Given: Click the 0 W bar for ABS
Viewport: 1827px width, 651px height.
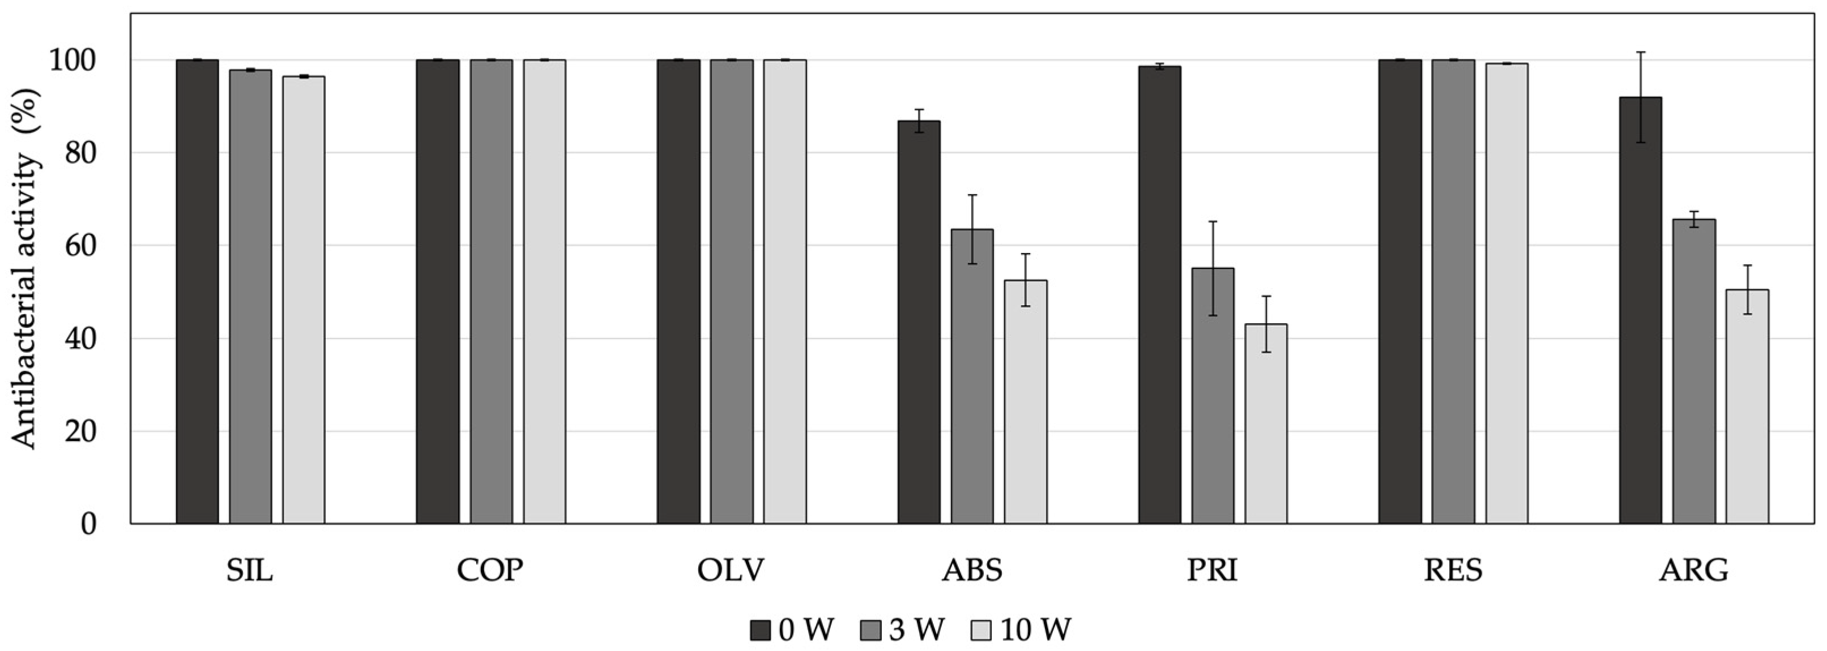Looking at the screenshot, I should tap(919, 323).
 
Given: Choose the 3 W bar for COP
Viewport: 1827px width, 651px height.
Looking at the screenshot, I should tap(491, 292).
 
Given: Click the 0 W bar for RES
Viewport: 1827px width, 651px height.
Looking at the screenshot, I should tap(1400, 292).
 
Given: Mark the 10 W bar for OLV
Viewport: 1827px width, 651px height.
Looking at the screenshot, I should tap(784, 292).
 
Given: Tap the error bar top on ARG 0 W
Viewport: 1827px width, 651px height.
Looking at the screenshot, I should tap(1641, 53).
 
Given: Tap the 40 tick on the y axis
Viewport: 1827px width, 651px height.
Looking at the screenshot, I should tap(79, 339).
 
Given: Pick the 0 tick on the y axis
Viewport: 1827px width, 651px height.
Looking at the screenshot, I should tap(88, 525).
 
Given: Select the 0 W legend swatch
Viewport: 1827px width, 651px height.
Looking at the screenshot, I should tap(760, 629).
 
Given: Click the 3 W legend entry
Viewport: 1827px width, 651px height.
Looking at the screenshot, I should tap(903, 629).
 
